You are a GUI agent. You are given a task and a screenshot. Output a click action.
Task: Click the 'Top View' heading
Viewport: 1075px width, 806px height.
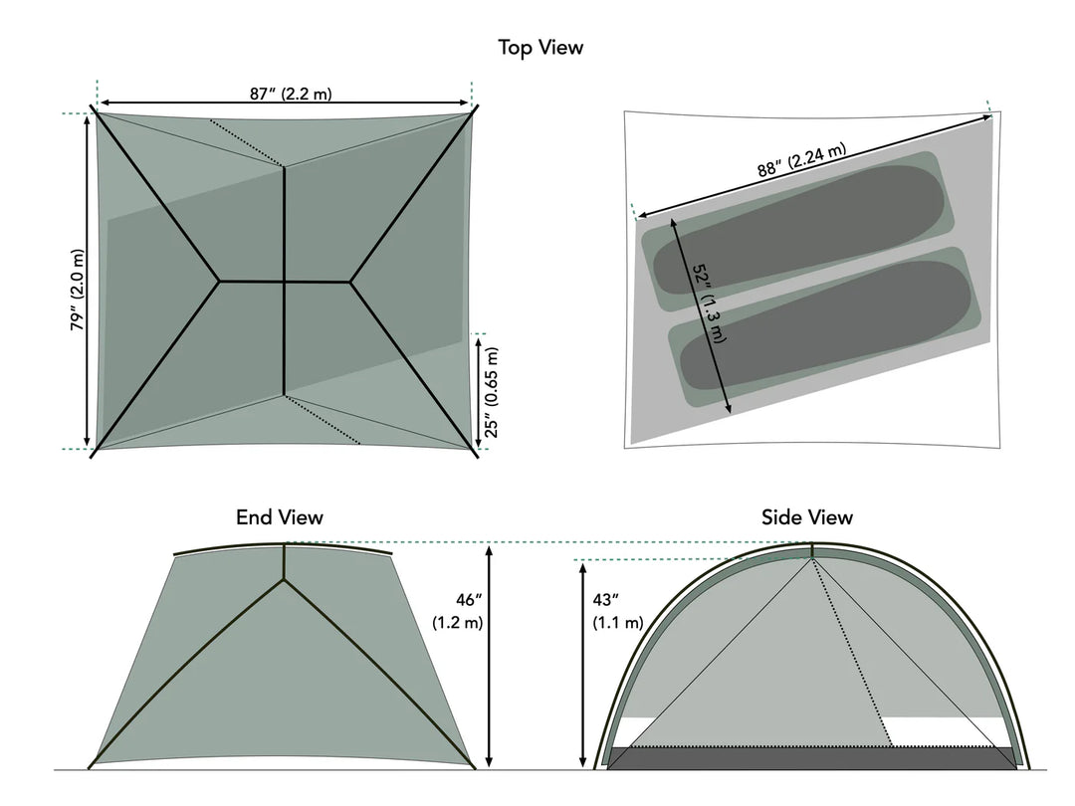(x=540, y=47)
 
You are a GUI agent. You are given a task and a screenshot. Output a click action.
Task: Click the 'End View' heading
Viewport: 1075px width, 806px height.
(x=279, y=517)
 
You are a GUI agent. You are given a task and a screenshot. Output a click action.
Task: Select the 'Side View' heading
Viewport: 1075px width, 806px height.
(x=806, y=517)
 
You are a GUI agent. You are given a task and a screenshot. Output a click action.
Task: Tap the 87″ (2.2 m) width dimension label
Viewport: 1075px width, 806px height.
(x=291, y=94)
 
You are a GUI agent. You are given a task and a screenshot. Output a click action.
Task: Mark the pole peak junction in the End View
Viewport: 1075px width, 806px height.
(x=285, y=579)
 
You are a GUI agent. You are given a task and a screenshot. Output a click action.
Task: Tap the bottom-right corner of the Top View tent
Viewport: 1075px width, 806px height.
(x=476, y=451)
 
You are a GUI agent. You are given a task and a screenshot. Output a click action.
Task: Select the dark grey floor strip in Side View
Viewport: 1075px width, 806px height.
(x=811, y=758)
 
